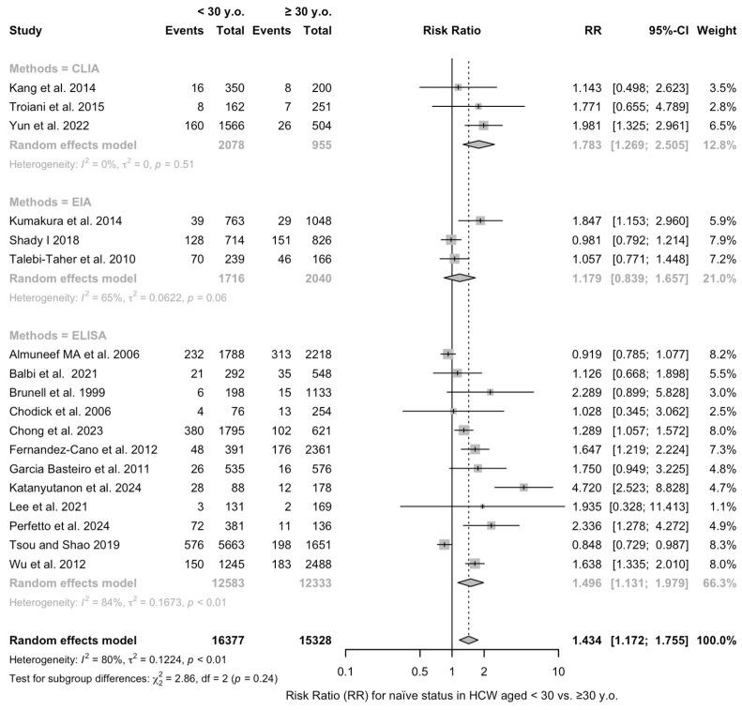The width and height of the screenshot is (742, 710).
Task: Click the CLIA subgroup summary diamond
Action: click(x=478, y=144)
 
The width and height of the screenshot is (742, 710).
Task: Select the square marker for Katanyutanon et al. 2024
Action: click(x=523, y=488)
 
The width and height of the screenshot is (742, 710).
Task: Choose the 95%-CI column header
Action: click(x=659, y=31)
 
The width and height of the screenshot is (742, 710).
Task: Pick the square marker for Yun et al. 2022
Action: click(x=483, y=125)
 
